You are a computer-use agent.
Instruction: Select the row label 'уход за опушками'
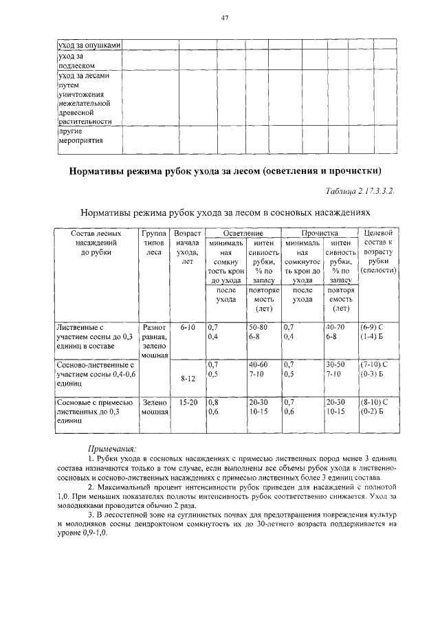[89, 46]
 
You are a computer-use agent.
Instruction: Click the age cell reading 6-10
[187, 327]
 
